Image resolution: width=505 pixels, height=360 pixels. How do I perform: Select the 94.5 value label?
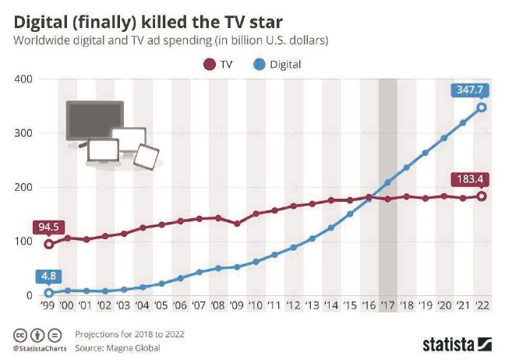pos(48,227)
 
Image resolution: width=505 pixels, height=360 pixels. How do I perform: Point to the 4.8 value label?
pos(48,275)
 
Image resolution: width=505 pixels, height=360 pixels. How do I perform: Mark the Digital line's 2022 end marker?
pos(482,108)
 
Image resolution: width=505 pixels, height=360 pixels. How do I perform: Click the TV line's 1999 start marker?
pos(50,244)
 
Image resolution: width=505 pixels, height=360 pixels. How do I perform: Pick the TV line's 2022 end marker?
pos(482,196)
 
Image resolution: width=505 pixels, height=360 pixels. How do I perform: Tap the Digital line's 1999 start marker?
pos(50,293)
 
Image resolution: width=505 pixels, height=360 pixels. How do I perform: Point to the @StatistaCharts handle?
pos(37,348)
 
